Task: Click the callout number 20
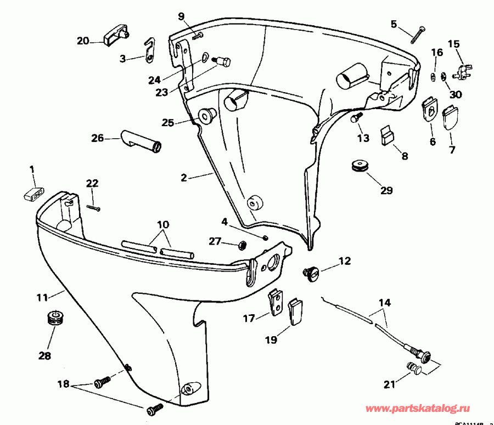coord(82,41)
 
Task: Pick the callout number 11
coord(42,298)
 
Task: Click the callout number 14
coord(384,302)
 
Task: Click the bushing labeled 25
coord(207,116)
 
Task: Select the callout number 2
coord(184,178)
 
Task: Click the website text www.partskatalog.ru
coord(422,409)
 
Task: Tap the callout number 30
coord(456,94)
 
